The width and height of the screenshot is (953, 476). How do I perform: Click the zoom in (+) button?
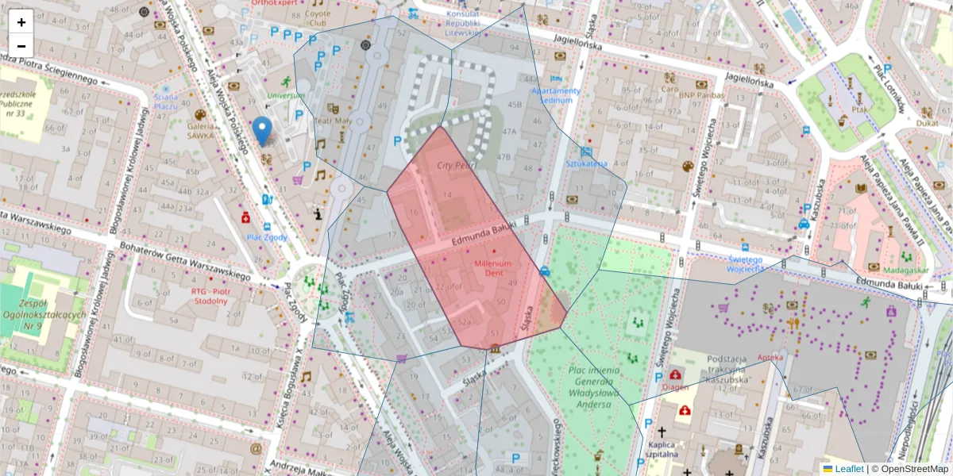coord(21,21)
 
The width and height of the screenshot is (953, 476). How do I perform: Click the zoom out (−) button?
coord(21,46)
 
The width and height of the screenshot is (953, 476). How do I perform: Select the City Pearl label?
coord(457,165)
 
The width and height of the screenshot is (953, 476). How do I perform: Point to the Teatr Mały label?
coord(334,121)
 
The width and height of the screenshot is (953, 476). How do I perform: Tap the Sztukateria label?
coord(586,163)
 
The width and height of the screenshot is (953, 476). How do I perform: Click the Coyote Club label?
coord(317,18)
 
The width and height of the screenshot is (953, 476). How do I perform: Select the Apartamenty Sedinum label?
coord(556,95)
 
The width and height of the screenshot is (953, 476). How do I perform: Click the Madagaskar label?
coord(904,270)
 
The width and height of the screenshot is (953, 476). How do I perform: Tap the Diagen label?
coord(675,387)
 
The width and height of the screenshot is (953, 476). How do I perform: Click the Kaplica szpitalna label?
coord(661,449)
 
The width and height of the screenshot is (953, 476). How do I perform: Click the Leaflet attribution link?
coord(849,469)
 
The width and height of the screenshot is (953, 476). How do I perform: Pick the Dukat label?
coord(926,124)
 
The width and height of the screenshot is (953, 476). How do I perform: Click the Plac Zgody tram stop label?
coord(266,237)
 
